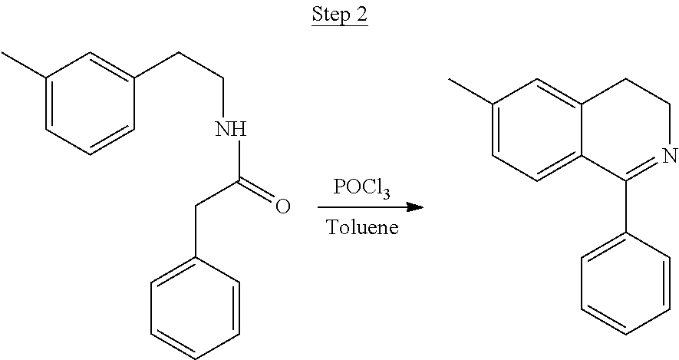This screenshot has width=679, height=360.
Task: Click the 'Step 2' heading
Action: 340,15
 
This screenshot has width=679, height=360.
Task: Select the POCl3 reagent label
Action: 362,188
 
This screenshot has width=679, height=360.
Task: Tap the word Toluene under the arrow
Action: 362,226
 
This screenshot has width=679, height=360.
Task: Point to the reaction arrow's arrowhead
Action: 415,207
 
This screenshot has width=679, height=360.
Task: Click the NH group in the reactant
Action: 231,129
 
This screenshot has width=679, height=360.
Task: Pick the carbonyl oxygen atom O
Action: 282,206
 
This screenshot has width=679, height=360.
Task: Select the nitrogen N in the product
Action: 670,154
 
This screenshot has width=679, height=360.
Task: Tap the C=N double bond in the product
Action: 644,170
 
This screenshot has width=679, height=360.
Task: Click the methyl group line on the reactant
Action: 24,65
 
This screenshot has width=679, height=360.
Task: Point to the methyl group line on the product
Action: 471,91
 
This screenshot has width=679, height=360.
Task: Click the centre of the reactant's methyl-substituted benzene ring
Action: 90,104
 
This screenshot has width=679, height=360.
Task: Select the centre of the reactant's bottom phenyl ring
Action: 196,309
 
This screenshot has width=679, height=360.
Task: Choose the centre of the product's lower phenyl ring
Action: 626,284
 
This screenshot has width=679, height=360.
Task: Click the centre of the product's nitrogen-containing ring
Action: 625,130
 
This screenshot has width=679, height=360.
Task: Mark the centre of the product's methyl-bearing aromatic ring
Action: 537,130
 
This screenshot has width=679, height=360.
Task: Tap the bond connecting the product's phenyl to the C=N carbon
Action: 626,206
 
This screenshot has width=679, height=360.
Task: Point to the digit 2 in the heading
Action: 361,15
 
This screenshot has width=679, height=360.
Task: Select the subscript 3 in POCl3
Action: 387,193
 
